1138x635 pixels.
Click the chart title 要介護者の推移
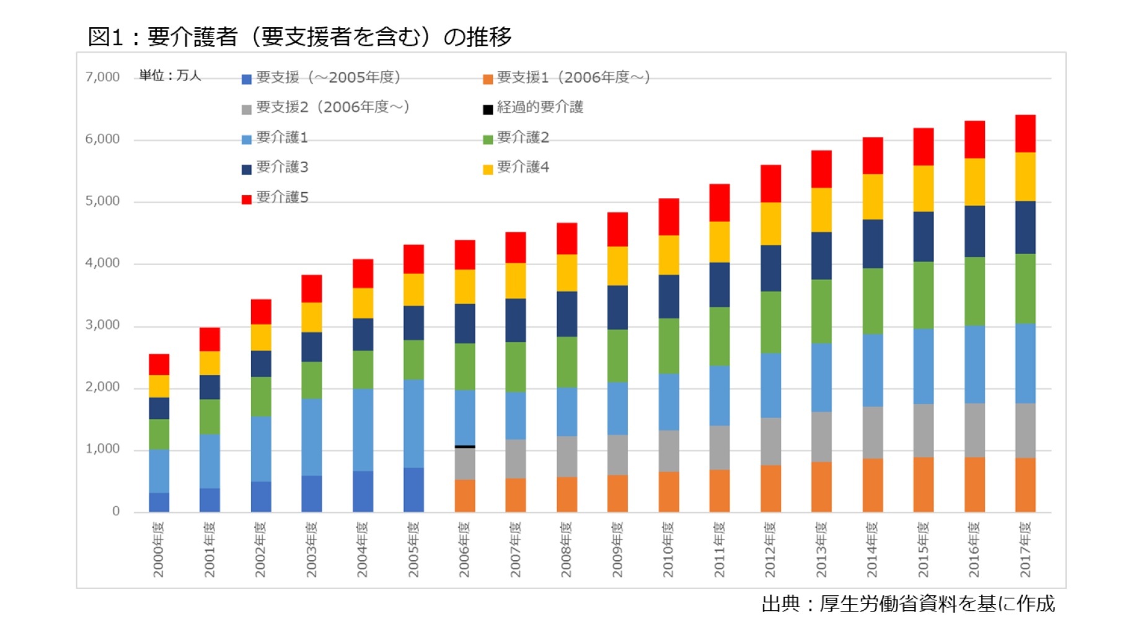point(299,37)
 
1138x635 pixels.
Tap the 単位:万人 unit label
point(170,76)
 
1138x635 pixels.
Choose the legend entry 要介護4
point(523,167)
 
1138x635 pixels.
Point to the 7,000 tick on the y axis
point(102,77)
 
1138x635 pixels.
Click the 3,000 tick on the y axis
point(102,325)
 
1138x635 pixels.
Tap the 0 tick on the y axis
point(115,511)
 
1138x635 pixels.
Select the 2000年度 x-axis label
point(159,550)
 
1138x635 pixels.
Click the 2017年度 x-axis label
point(1025,550)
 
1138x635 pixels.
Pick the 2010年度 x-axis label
point(668,550)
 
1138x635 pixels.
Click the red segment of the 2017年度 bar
point(1025,133)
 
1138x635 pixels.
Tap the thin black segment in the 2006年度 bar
point(465,446)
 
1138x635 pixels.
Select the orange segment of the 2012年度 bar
point(770,488)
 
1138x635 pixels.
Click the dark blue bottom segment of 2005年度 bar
point(413,489)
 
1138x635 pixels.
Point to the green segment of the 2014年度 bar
point(873,301)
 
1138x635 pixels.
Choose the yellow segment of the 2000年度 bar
point(159,386)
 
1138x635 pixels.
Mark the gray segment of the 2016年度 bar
point(974,430)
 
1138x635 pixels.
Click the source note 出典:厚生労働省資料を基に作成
point(907,604)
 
